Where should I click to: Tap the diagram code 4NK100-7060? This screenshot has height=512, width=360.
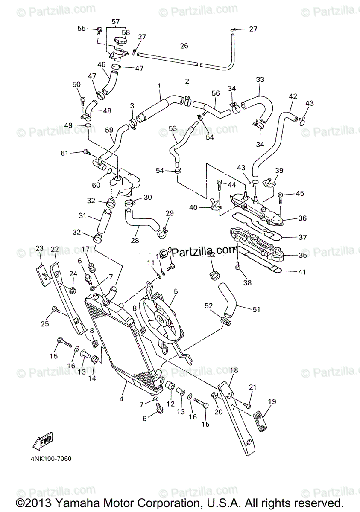tap(50, 459)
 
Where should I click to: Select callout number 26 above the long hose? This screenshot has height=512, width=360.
tap(184, 45)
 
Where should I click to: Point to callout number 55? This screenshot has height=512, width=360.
tap(82, 29)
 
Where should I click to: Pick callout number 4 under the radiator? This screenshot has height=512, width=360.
tap(121, 399)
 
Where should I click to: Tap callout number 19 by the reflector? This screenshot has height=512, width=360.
tap(272, 401)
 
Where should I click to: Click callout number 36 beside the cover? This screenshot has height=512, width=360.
tap(302, 218)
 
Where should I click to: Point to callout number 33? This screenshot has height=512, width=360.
tap(260, 79)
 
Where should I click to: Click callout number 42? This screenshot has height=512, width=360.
tap(293, 96)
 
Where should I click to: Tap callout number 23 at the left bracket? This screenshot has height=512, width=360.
tap(40, 248)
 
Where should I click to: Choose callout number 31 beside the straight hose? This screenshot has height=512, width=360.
tap(82, 216)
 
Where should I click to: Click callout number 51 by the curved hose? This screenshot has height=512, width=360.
tap(256, 310)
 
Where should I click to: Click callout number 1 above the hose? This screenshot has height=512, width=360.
tap(159, 86)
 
